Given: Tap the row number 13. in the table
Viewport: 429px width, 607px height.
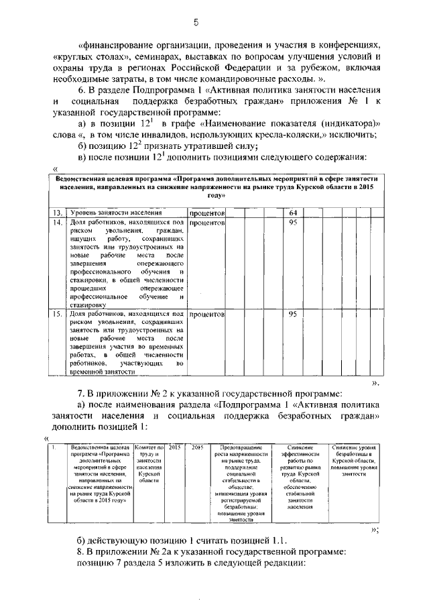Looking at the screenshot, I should [58, 213].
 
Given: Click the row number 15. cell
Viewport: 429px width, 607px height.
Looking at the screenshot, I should [58, 314].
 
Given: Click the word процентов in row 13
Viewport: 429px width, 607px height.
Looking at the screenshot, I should [206, 213].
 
